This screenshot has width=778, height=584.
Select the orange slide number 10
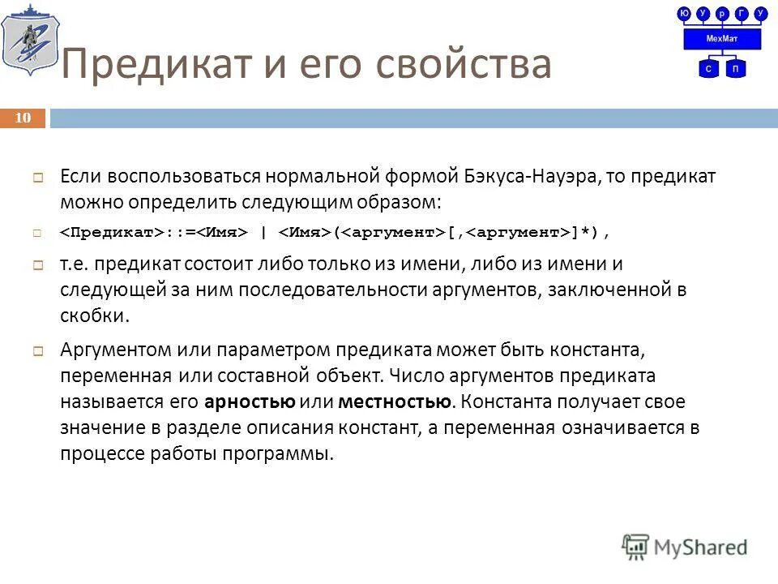click(23, 118)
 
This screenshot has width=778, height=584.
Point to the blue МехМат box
click(722, 38)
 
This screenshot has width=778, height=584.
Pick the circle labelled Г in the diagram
click(741, 13)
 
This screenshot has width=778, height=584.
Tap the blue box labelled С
click(708, 69)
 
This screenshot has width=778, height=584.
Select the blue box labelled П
click(735, 69)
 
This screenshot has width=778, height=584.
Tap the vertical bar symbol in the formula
click(263, 234)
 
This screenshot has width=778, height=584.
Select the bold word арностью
click(250, 401)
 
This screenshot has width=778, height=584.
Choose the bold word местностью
click(394, 401)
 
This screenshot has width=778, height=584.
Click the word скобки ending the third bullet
click(94, 315)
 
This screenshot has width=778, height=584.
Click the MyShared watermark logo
click(685, 546)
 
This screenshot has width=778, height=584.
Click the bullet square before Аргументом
click(37, 350)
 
